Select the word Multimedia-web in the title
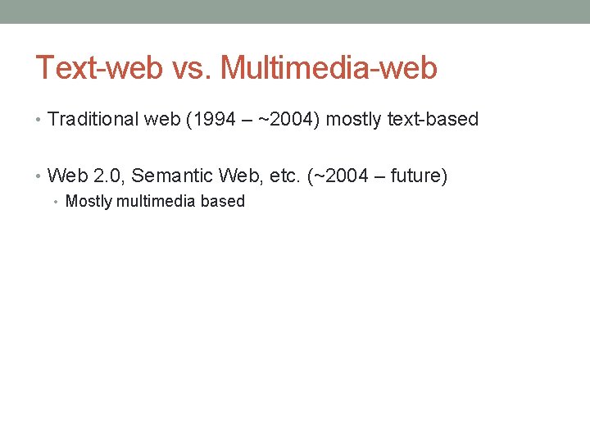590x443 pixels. pos(329,68)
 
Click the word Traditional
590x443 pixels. pos(93,119)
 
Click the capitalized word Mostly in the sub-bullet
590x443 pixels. pos(87,201)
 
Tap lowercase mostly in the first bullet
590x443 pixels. pos(354,119)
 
